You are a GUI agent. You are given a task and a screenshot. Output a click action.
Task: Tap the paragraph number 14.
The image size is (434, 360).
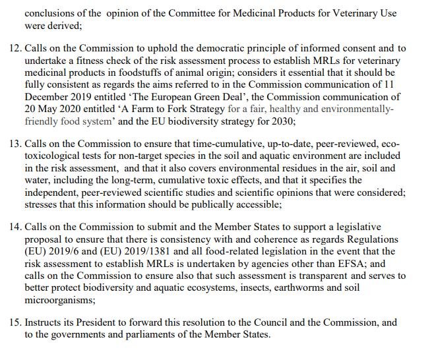coord(15,227)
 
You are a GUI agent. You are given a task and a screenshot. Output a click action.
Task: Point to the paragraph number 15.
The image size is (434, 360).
coord(15,324)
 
